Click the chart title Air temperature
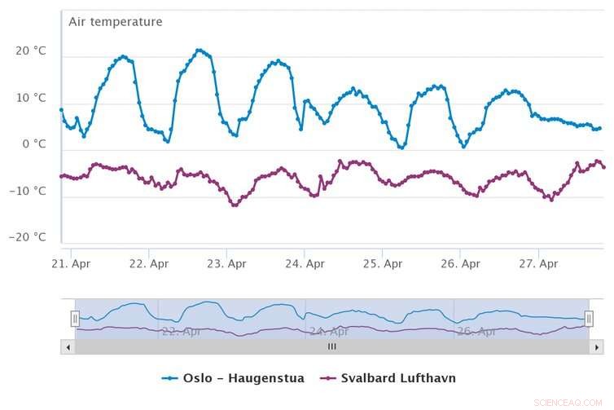click(115, 22)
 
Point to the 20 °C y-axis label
click(31, 51)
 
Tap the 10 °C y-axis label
click(31, 98)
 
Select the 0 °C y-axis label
click(34, 144)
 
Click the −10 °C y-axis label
click(29, 192)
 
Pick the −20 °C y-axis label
click(29, 237)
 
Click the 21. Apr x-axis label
click(71, 264)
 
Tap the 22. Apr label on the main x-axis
click(148, 264)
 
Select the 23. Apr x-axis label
click(226, 264)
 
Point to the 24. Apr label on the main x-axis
click(304, 264)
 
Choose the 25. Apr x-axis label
click(382, 264)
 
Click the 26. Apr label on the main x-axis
click(460, 264)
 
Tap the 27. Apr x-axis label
click(538, 264)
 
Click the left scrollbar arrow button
click(68, 346)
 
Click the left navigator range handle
click(75, 318)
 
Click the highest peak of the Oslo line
click(199, 50)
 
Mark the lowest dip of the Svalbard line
click(235, 205)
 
